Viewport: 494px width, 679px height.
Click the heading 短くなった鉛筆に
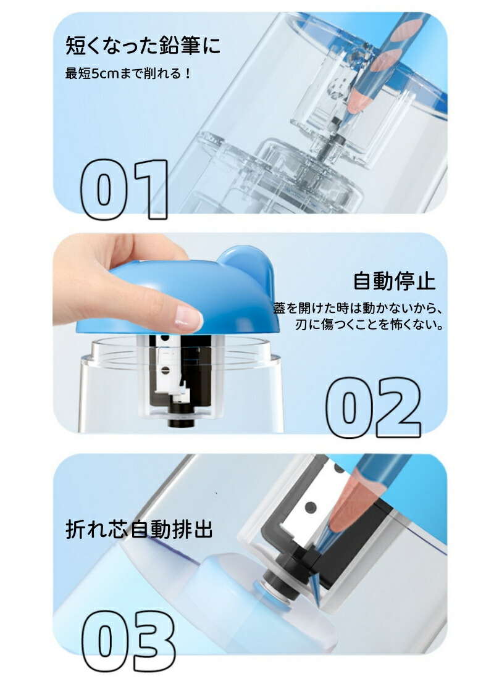(143, 46)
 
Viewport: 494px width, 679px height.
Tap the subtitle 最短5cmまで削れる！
(128, 73)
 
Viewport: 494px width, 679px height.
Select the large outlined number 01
(124, 190)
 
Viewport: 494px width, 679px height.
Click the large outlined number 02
(373, 406)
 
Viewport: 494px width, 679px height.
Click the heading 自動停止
(394, 281)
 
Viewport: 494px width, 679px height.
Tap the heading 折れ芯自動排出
(139, 529)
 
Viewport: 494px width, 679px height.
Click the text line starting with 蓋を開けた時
(358, 308)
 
